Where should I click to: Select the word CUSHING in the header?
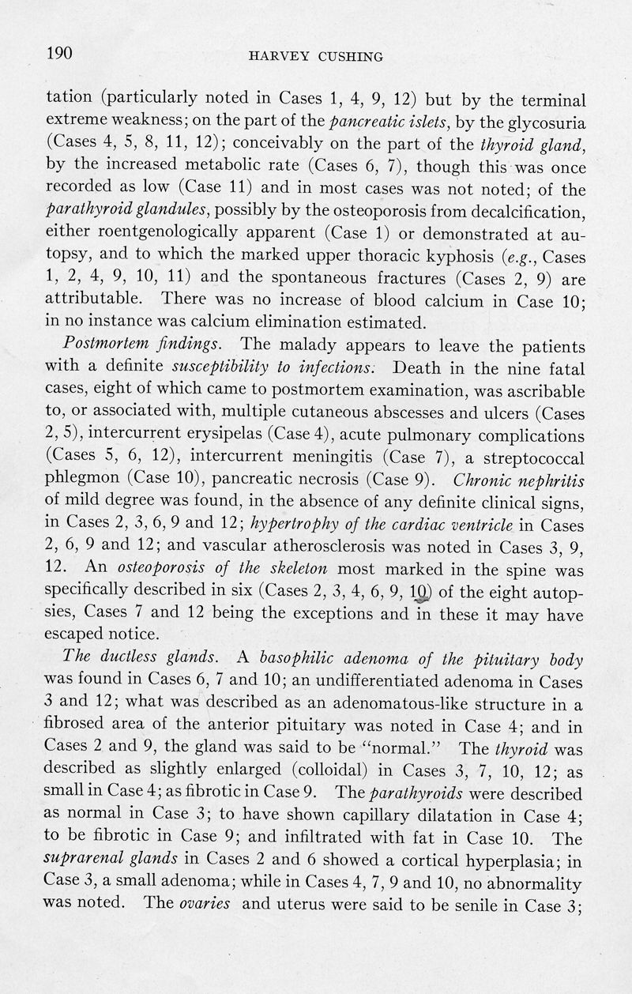pos(340,56)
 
